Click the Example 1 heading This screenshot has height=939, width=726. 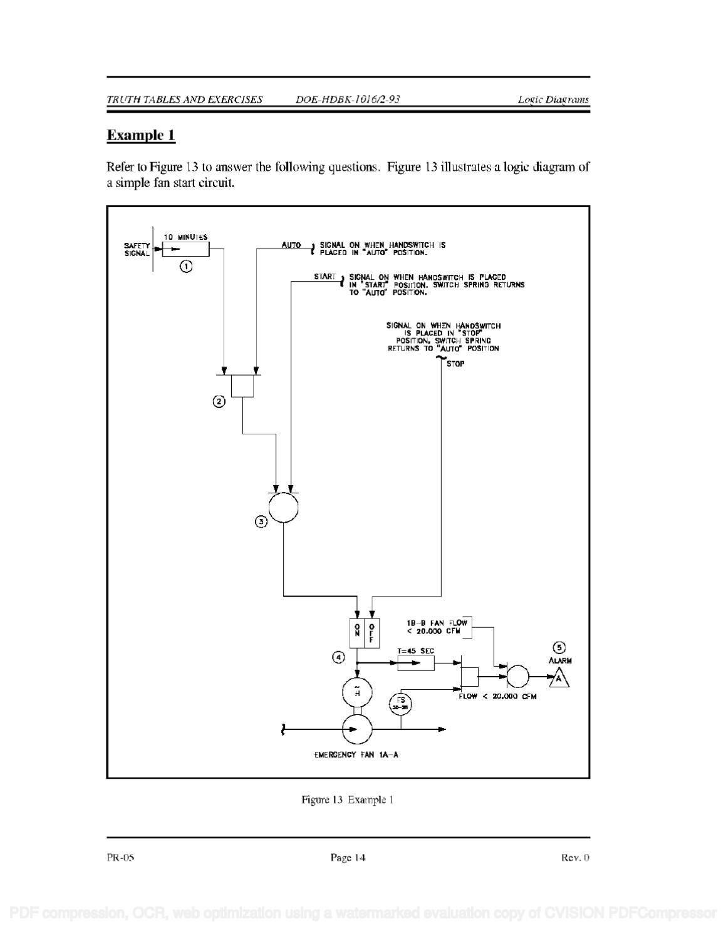[141, 135]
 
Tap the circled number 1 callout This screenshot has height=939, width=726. [186, 267]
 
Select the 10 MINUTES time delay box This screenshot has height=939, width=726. [185, 250]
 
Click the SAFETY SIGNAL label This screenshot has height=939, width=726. [137, 250]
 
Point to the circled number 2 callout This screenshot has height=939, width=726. [219, 402]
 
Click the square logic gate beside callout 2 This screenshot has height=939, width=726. [242, 386]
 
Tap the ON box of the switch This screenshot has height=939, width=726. [357, 632]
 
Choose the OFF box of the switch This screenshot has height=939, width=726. [371, 632]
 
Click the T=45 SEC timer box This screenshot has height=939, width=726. [415, 663]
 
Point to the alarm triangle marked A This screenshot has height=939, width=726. [560, 677]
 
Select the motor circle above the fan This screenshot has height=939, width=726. [357, 692]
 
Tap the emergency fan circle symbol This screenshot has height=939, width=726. [357, 729]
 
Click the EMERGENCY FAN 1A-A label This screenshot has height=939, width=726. [356, 755]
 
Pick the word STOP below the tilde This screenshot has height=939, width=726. [455, 364]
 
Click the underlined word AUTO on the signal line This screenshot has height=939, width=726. [291, 245]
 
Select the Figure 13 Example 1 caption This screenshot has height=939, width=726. [348, 799]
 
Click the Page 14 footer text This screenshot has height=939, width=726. [348, 858]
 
